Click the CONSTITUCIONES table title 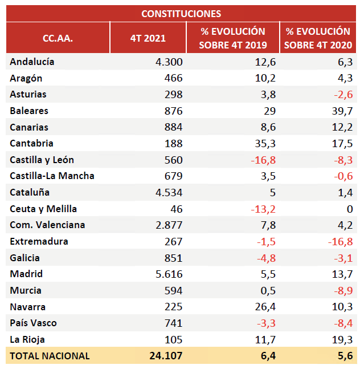pyautogui.click(x=181, y=13)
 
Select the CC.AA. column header pyautogui.click(x=58, y=38)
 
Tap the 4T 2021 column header pyautogui.click(x=148, y=38)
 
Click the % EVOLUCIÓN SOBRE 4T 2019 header pyautogui.click(x=232, y=38)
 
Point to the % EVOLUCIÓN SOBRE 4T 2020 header pyautogui.click(x=318, y=38)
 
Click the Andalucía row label pyautogui.click(x=32, y=62)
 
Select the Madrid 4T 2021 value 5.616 pyautogui.click(x=169, y=274)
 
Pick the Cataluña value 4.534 pyautogui.click(x=169, y=192)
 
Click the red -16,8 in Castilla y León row pyautogui.click(x=263, y=160)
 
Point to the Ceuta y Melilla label pyautogui.click(x=43, y=209)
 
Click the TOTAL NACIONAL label pyautogui.click(x=50, y=356)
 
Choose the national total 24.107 pyautogui.click(x=165, y=356)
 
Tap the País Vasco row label pyautogui.click(x=34, y=323)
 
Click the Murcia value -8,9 pyautogui.click(x=342, y=290)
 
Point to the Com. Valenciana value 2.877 pyautogui.click(x=169, y=225)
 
